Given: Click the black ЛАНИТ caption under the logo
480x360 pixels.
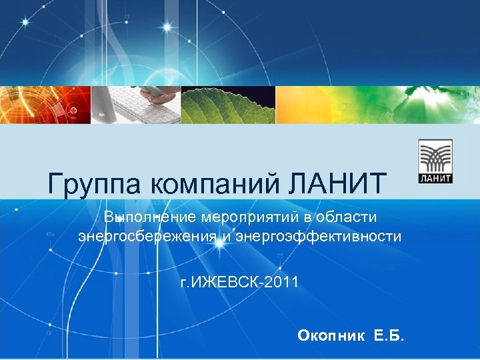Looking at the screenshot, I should (436, 178).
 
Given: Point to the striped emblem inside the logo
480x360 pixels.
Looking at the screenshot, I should (436, 157).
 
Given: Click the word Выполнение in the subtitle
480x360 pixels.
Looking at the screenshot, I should (149, 217).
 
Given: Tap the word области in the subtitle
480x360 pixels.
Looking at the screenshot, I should (348, 217).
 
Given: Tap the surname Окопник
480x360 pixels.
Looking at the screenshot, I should (331, 335).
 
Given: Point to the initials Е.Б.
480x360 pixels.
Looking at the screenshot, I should (389, 335).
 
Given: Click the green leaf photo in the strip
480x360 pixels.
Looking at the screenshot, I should (229, 105).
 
